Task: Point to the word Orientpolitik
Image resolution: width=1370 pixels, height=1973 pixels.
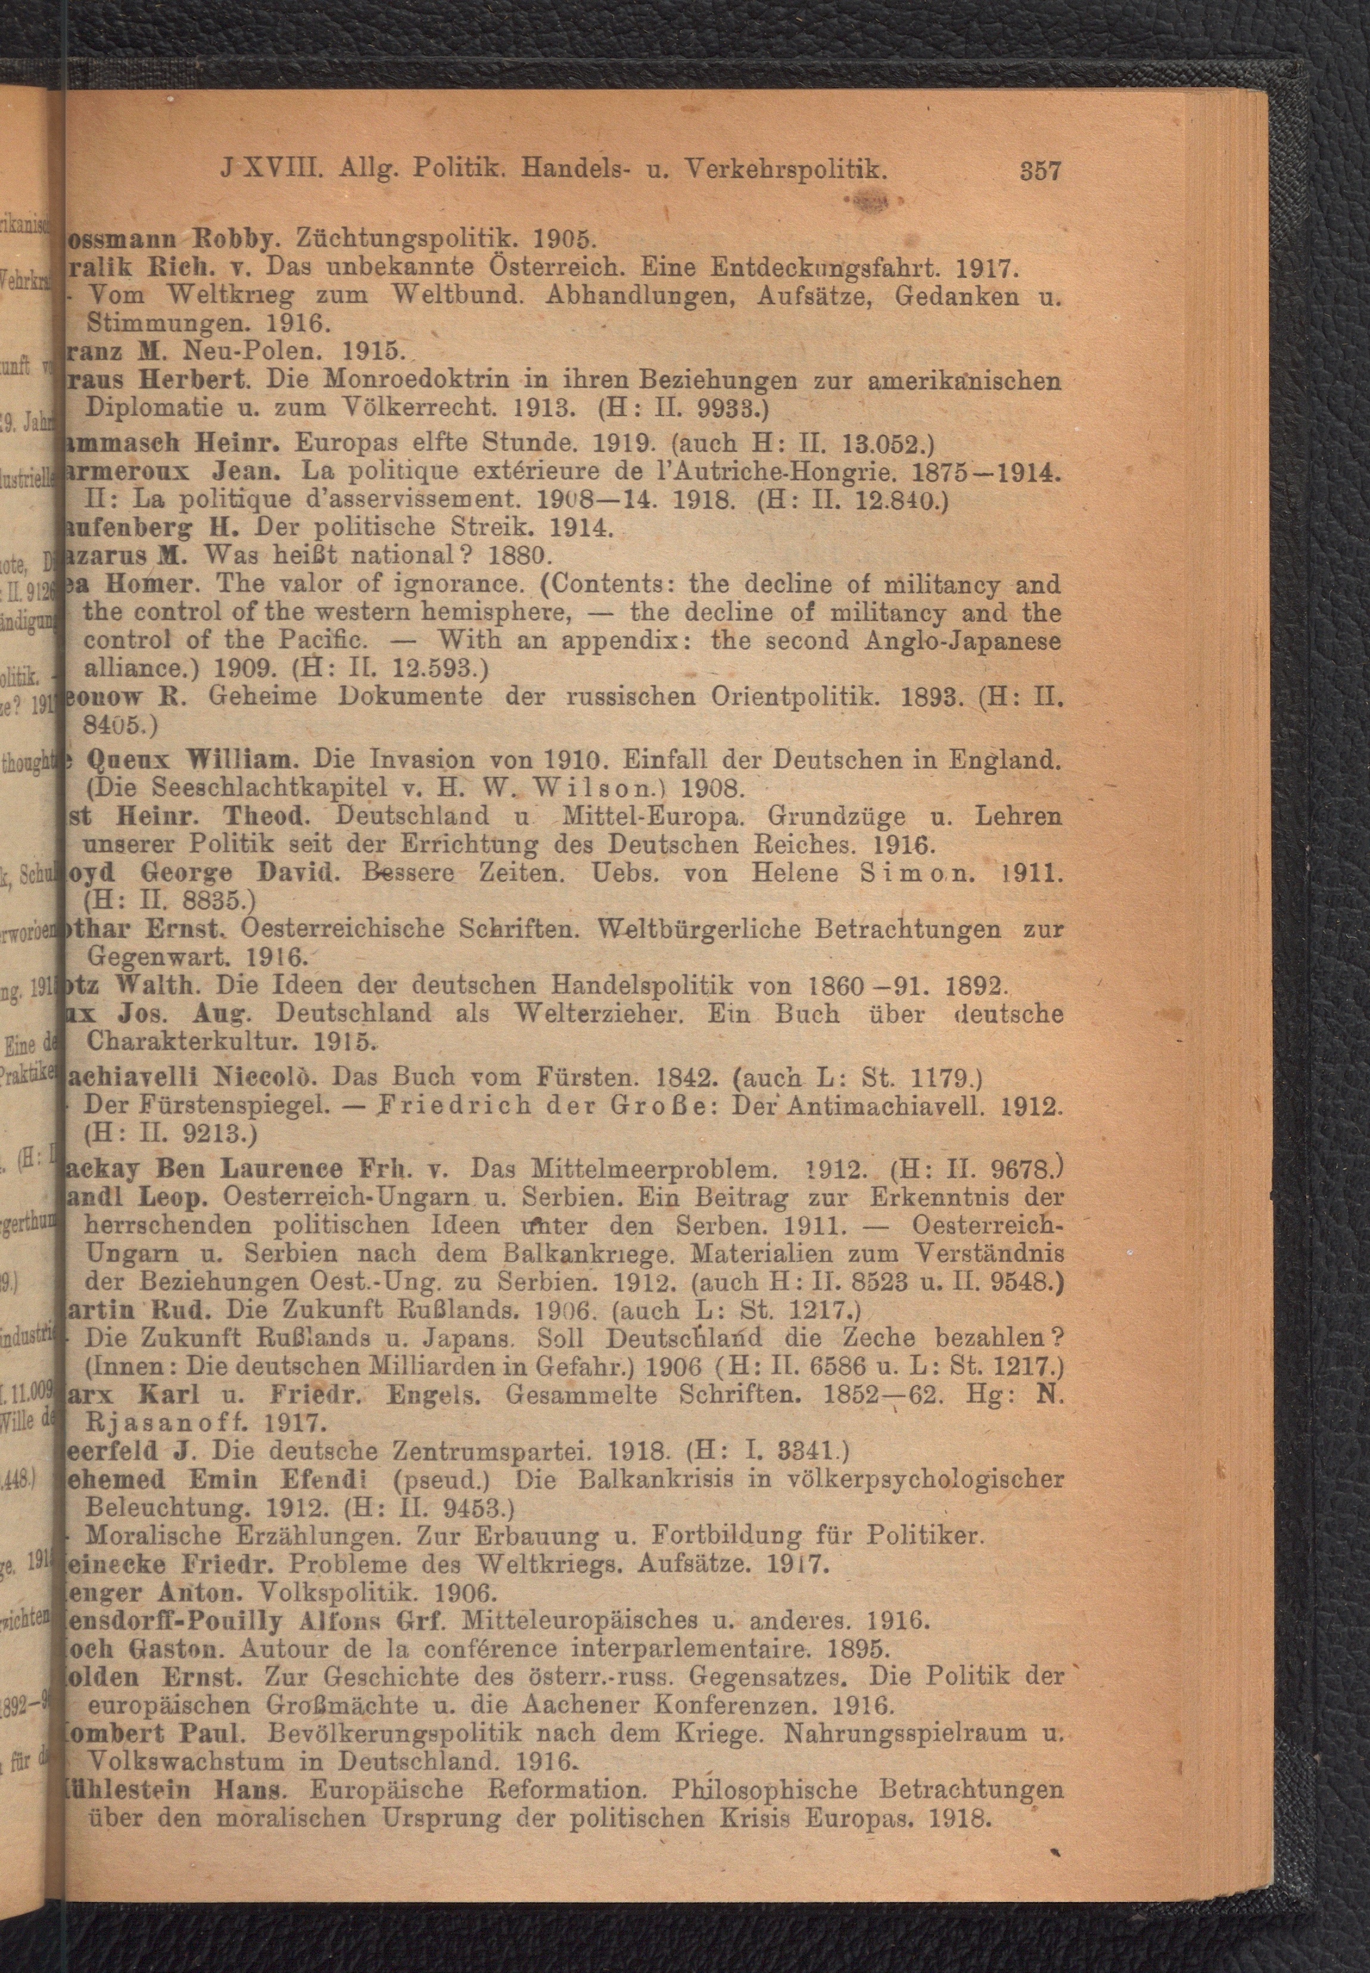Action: pyautogui.click(x=792, y=697)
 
